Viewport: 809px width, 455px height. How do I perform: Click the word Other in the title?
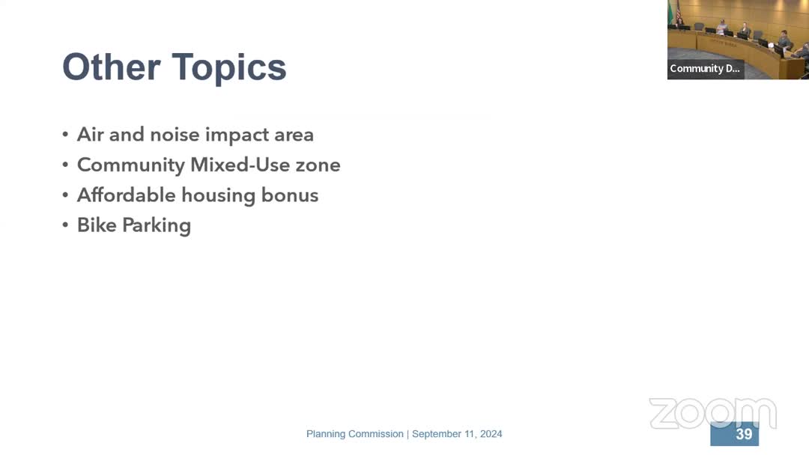click(x=112, y=67)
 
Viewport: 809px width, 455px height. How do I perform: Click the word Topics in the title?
click(x=229, y=68)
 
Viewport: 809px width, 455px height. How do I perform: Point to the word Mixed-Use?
click(x=240, y=165)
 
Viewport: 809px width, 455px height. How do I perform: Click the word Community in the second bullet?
click(x=131, y=165)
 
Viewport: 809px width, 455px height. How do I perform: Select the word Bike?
click(x=97, y=225)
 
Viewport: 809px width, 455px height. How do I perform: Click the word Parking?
click(x=157, y=226)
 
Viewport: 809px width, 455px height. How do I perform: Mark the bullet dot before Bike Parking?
click(x=65, y=225)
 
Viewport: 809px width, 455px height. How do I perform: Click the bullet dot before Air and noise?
click(x=65, y=135)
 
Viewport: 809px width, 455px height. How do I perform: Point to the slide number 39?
click(x=744, y=434)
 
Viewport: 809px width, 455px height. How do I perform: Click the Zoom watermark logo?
click(x=712, y=413)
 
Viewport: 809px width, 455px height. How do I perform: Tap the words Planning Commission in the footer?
click(x=355, y=434)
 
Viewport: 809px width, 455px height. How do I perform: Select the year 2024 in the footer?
click(x=491, y=434)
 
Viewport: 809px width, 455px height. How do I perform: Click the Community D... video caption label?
click(x=705, y=69)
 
